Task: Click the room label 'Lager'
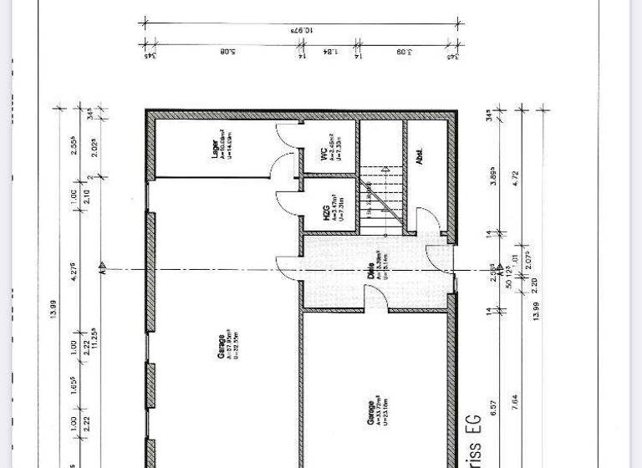(x=217, y=149)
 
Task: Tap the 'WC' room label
(x=323, y=154)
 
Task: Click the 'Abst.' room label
(x=420, y=155)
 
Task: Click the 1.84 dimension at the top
(x=329, y=53)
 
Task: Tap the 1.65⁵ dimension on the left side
(x=74, y=386)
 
